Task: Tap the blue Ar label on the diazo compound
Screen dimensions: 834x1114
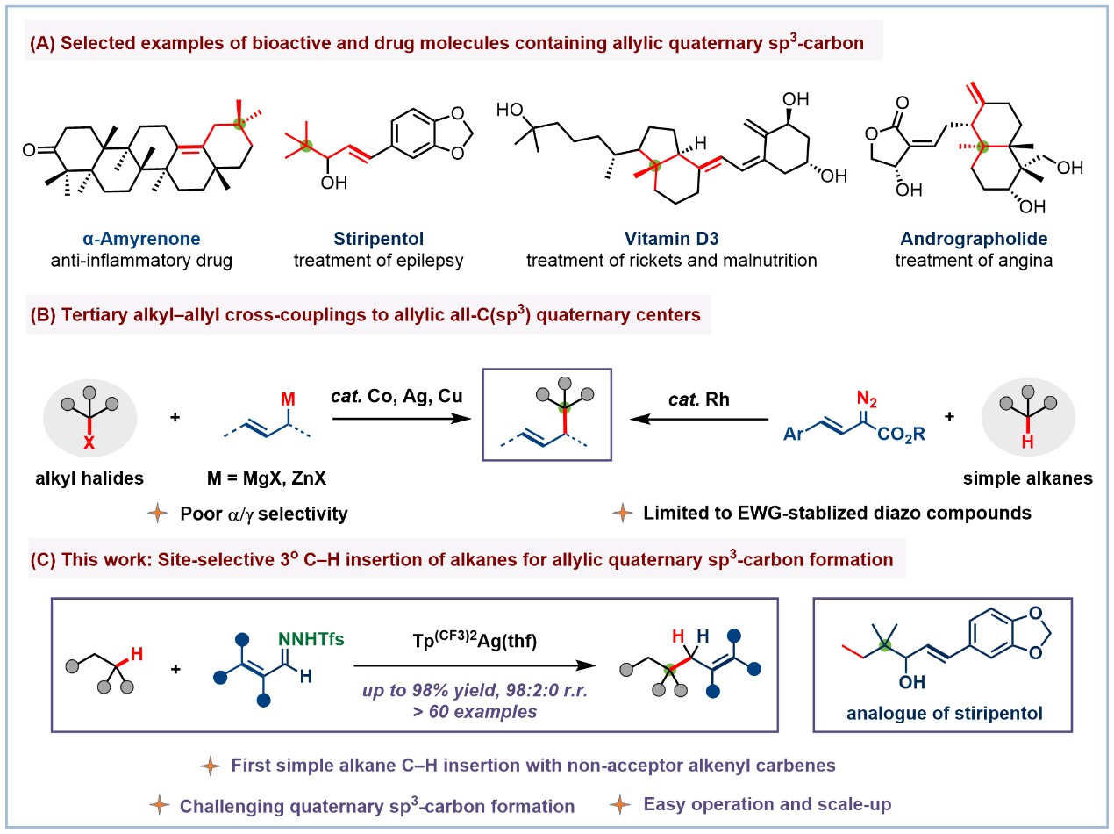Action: (x=795, y=433)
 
